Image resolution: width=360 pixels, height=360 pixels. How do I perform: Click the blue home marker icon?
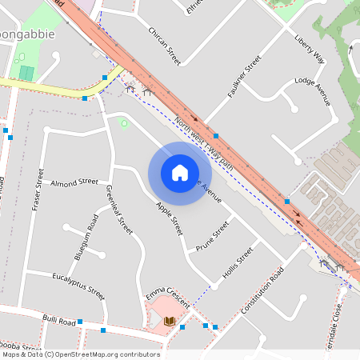click(180, 173)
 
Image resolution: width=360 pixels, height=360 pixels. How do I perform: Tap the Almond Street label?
click(74, 183)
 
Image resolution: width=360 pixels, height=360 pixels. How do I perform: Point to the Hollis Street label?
click(238, 262)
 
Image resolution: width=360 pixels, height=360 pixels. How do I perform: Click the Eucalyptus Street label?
click(78, 285)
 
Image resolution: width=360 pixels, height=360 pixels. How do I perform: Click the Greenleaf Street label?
click(118, 209)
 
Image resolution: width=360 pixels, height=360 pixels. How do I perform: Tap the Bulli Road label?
click(59, 322)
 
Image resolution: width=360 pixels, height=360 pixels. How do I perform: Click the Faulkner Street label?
click(244, 77)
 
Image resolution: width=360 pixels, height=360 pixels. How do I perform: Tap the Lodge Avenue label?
click(312, 91)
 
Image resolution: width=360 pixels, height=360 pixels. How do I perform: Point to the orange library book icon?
click(169, 322)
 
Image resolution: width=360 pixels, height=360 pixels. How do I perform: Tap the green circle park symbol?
click(123, 122)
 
